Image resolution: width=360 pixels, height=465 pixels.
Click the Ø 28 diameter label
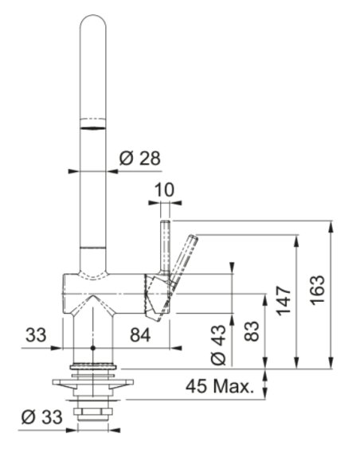point(139,158)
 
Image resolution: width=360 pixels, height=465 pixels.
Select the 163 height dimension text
point(317,293)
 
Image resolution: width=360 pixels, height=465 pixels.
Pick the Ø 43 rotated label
point(217,343)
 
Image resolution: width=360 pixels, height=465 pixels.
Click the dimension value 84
point(139,335)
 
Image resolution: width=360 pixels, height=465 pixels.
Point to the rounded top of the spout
point(93,24)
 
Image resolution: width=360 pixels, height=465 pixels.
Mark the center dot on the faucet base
point(93,349)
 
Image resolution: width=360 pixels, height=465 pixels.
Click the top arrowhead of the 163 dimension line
point(331,225)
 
